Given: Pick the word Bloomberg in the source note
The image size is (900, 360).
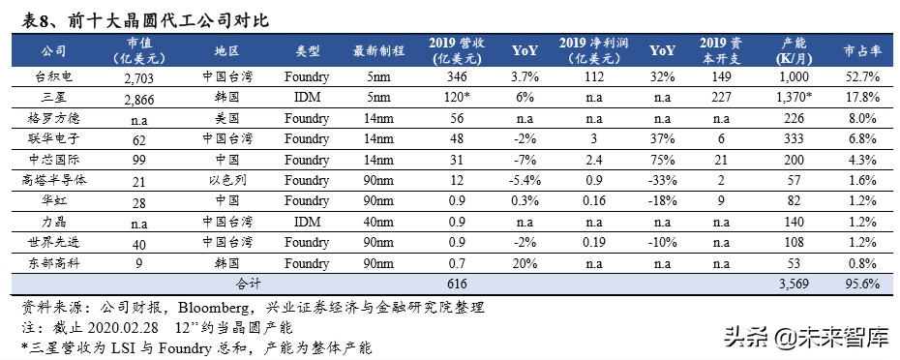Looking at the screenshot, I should pyautogui.click(x=211, y=307).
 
